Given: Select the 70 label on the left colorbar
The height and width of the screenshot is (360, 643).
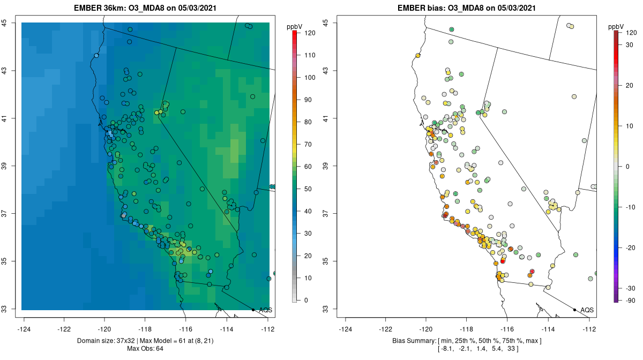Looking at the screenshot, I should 309,144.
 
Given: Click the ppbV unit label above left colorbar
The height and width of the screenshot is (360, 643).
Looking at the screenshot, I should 294,26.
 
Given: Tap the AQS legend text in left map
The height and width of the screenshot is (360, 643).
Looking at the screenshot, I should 265,310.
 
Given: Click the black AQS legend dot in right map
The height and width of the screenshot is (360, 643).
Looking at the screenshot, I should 574,310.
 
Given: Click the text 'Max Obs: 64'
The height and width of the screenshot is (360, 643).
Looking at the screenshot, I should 145,349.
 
